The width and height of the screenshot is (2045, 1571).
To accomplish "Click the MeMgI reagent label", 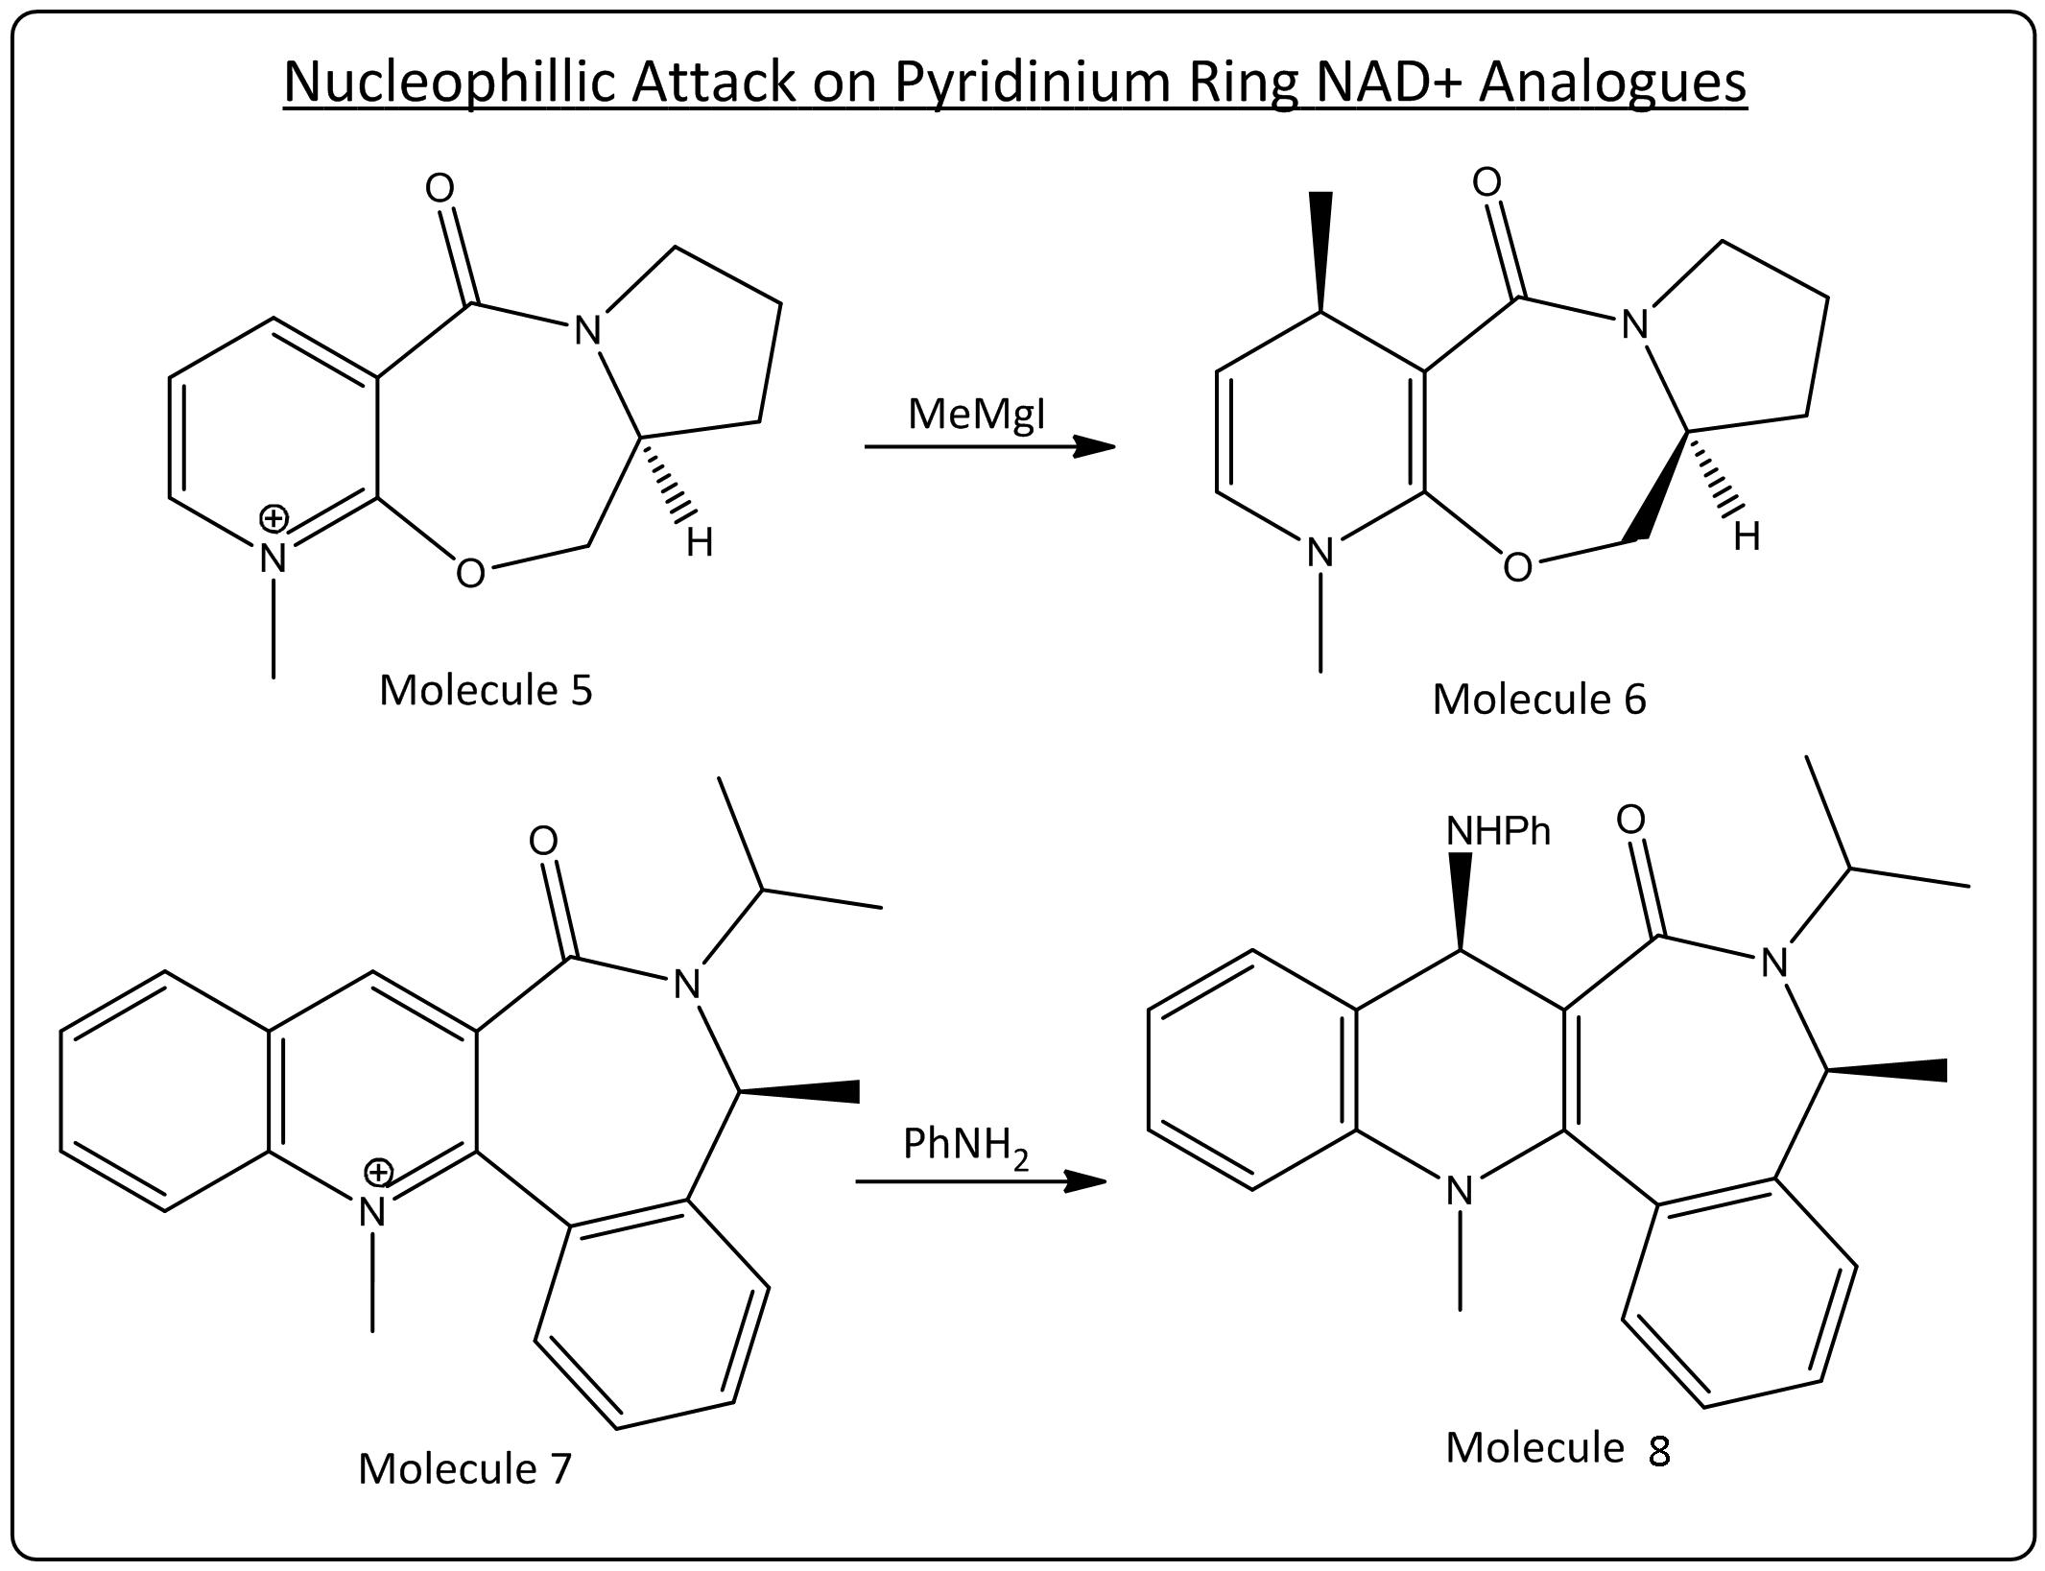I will (976, 415).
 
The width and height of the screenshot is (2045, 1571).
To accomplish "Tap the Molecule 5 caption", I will (486, 690).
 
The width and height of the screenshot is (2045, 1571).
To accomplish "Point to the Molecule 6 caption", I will (1538, 699).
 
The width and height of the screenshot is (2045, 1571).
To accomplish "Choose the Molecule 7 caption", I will (464, 1468).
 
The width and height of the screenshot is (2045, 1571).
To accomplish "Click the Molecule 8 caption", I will (1558, 1448).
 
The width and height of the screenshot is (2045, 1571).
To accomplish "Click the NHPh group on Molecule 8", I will (1498, 831).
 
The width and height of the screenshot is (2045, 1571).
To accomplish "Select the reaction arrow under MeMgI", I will (988, 446).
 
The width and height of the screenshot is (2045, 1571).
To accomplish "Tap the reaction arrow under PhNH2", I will (980, 1181).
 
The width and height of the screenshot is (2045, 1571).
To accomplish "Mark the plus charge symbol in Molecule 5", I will (273, 519).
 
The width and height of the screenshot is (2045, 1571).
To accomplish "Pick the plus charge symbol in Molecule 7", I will (379, 1172).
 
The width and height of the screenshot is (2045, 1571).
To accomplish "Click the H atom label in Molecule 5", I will (700, 543).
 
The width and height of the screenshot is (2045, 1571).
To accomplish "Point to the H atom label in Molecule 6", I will (1747, 537).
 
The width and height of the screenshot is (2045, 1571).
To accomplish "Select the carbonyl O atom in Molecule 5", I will (440, 189).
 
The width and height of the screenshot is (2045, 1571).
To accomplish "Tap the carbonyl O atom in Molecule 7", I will (542, 842).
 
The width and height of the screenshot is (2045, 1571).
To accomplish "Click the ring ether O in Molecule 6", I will (1517, 568).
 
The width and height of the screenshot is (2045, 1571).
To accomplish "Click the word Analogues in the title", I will (1612, 82).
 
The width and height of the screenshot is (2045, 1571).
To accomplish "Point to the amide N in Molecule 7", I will (686, 984).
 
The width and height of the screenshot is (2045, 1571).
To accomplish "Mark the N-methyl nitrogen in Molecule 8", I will (1460, 1191).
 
